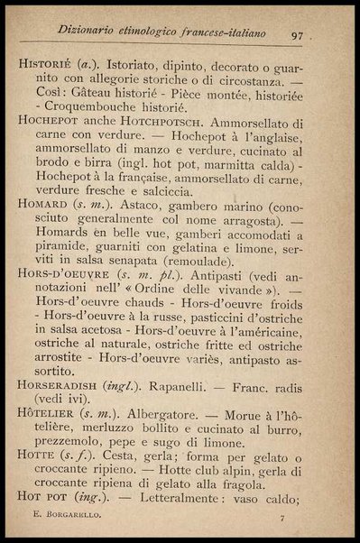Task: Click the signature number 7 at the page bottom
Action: [x=282, y=519]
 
